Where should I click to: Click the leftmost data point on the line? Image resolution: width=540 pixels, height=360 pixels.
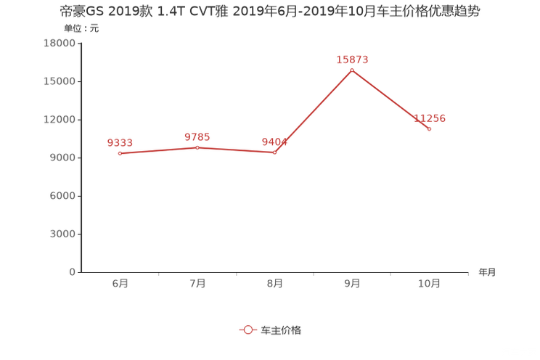click(x=120, y=153)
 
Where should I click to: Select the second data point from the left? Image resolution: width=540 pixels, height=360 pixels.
click(x=197, y=147)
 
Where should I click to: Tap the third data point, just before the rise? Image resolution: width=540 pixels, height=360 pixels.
click(x=274, y=152)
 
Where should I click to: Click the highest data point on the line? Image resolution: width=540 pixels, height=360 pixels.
click(x=352, y=70)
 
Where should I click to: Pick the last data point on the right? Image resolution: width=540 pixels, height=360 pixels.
click(x=430, y=128)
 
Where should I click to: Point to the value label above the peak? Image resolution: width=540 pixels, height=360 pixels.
click(x=352, y=59)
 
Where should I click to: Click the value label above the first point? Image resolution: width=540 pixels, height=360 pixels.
click(x=120, y=142)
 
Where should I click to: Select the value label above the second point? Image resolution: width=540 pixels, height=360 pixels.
click(x=197, y=136)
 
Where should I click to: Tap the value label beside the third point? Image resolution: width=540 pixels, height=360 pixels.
click(x=274, y=142)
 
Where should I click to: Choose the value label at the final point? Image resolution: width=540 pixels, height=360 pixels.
click(x=430, y=118)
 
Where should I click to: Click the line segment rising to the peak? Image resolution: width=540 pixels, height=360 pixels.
click(x=314, y=111)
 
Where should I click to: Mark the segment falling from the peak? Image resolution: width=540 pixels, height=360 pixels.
click(x=391, y=99)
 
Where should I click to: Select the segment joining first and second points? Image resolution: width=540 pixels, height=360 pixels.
click(x=158, y=150)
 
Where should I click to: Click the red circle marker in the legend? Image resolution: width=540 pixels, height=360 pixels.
click(x=248, y=330)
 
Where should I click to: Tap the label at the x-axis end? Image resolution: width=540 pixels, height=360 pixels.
click(x=487, y=273)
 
